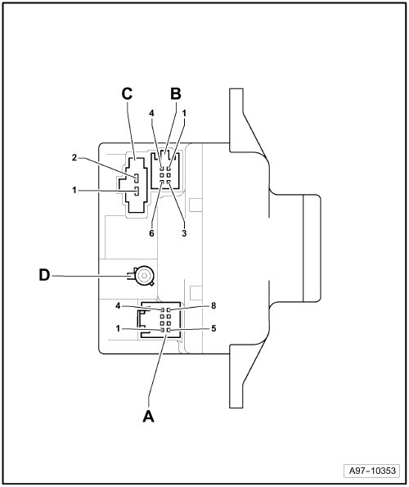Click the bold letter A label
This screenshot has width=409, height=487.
148,416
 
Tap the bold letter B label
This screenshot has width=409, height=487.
176,93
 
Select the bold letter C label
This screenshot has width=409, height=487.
127,93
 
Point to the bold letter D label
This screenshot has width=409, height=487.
44,275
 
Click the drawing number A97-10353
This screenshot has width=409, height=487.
372,471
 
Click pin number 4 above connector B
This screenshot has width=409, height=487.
151,114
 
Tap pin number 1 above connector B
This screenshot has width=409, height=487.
184,114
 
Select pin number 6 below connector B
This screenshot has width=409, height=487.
151,233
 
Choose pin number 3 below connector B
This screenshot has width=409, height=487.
184,233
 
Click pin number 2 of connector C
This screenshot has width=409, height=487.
74,158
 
